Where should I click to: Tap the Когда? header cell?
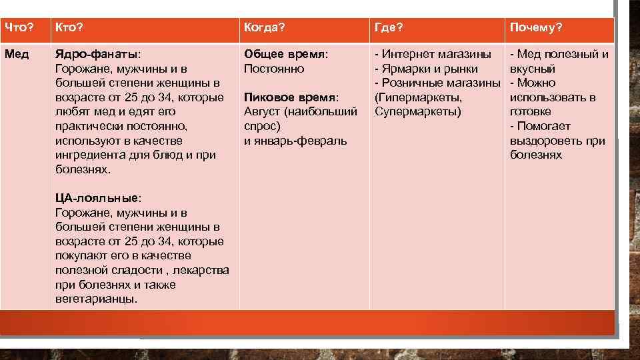click(265, 28)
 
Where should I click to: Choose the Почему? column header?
click(536, 28)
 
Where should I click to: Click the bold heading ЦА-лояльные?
click(97, 198)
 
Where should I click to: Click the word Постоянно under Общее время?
click(274, 69)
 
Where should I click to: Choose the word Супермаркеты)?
click(418, 111)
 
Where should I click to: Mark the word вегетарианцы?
click(95, 299)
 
